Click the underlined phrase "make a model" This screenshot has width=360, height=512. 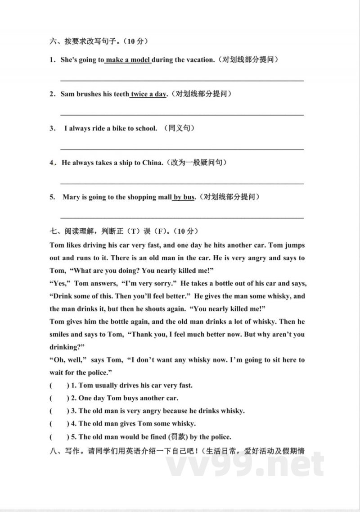[x=128, y=60]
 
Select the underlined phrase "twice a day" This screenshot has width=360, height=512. [x=148, y=94]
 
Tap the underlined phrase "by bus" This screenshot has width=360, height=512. [x=184, y=197]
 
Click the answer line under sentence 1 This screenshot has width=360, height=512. [x=182, y=80]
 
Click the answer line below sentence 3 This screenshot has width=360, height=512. [x=182, y=149]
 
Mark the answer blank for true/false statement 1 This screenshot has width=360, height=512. [x=59, y=385]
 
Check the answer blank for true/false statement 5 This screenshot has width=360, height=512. [x=59, y=437]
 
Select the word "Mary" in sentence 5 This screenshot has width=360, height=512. [x=71, y=197]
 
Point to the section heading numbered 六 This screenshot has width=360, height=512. [x=99, y=41]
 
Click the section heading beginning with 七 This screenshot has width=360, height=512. [x=124, y=231]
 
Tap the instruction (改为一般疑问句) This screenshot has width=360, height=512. [x=196, y=163]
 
